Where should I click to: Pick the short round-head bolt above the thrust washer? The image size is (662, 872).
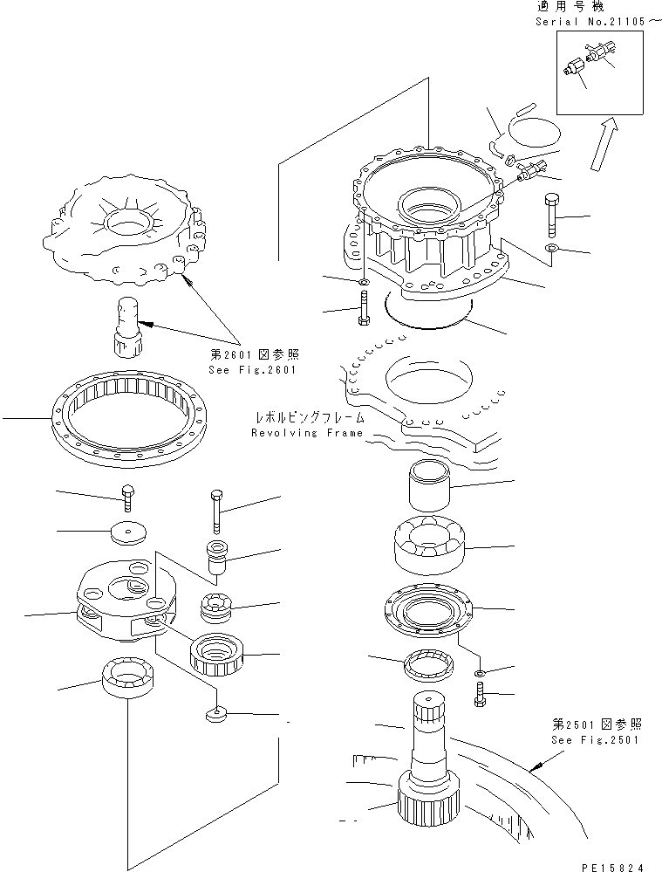(128, 498)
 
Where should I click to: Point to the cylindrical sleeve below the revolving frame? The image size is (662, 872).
(426, 484)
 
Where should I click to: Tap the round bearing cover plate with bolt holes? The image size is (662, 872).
(427, 610)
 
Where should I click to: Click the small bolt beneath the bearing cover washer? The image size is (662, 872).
(480, 697)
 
